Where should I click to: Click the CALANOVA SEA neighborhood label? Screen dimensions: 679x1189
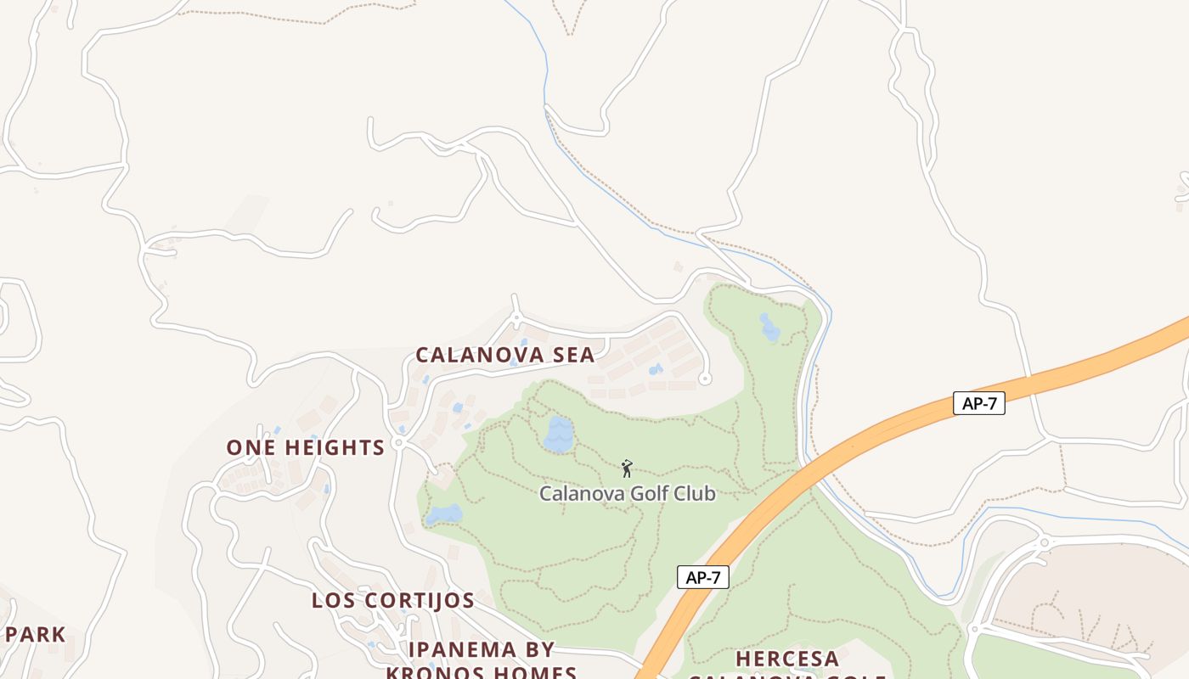click(504, 355)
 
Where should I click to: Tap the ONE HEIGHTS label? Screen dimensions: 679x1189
click(305, 447)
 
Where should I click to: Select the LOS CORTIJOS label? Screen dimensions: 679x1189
click(392, 600)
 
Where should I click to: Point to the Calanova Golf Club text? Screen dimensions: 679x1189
click(628, 493)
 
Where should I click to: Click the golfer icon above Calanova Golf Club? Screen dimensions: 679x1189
click(627, 468)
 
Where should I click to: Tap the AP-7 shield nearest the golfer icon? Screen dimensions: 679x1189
click(703, 577)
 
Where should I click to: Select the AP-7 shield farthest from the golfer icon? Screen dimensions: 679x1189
click(978, 403)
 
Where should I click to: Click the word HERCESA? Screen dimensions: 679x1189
click(787, 659)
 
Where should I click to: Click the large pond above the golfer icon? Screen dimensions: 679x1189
click(559, 435)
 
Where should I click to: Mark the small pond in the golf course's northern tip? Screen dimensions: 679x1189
click(769, 327)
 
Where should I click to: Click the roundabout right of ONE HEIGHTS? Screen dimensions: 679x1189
click(399, 444)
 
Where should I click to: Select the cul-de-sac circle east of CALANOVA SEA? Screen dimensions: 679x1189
click(704, 379)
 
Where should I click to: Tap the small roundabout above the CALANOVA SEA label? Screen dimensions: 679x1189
click(516, 318)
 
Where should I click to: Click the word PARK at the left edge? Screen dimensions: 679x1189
click(36, 634)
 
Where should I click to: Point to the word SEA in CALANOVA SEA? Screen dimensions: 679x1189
click(572, 355)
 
